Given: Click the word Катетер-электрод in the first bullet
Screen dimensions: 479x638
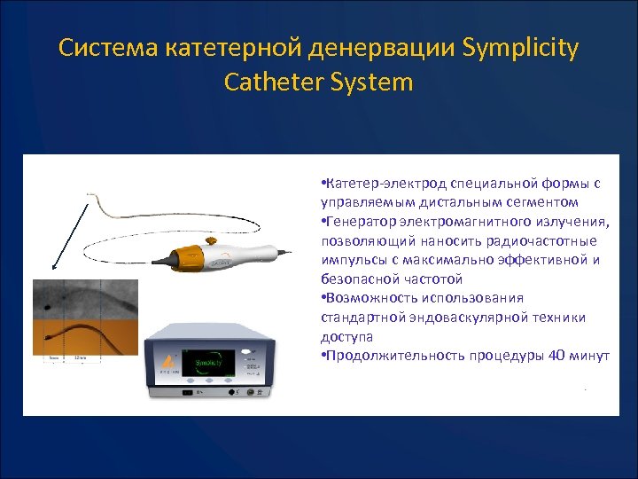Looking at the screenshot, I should [385, 184].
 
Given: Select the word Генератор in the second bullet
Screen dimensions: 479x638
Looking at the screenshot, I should [361, 222].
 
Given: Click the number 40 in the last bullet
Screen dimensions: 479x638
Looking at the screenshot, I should [558, 356].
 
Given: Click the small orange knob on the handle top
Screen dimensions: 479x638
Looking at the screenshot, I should [210, 239].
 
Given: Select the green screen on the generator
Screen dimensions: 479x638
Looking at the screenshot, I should [209, 362].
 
